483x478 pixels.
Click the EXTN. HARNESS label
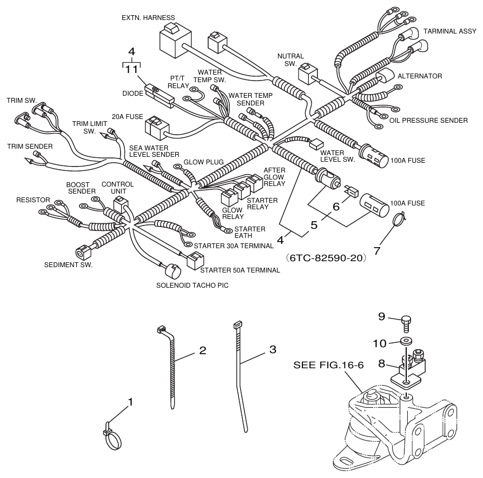click(144, 17)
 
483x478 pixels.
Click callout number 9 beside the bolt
click(382, 317)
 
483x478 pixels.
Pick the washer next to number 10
click(406, 342)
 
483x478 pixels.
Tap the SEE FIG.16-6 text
click(328, 366)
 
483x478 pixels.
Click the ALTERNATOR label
click(420, 76)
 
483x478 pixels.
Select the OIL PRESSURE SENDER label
click(428, 120)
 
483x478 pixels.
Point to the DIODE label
click(132, 93)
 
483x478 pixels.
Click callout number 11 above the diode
click(131, 69)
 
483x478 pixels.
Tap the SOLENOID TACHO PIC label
click(192, 286)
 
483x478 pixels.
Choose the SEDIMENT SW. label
click(69, 265)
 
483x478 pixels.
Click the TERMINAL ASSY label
click(449, 31)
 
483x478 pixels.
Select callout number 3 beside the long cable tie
click(273, 349)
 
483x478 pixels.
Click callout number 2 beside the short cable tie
click(202, 350)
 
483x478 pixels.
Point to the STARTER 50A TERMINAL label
click(240, 270)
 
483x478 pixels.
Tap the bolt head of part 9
click(407, 320)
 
